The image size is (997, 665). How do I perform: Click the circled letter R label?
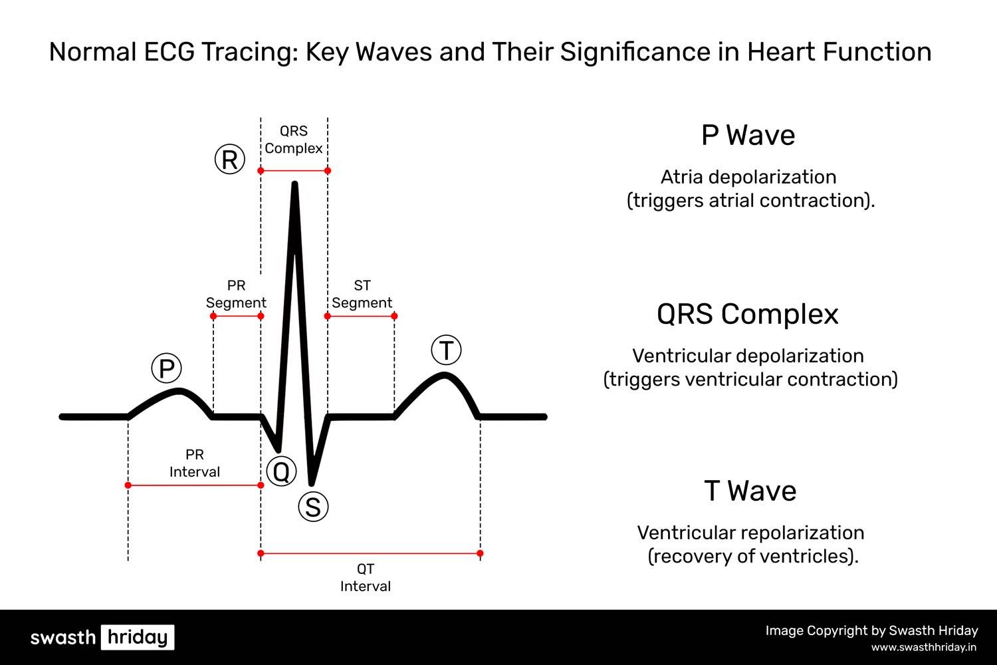(230, 160)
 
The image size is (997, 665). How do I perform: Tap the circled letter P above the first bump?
(166, 368)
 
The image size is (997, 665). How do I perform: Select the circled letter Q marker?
(281, 471)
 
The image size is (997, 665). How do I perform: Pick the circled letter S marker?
(313, 507)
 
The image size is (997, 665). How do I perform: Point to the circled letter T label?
(447, 350)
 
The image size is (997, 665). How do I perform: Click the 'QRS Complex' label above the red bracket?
(293, 140)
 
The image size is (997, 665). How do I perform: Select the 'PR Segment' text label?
(236, 294)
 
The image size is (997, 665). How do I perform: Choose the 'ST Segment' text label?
(362, 294)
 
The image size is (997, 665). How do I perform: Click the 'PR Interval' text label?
(194, 463)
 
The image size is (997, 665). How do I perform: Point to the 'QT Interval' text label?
(366, 577)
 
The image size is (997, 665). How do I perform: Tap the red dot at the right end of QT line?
(480, 553)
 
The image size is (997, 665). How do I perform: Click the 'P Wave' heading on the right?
(748, 136)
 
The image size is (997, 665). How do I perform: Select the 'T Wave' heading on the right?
(750, 491)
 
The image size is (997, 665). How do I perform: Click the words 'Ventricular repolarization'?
(750, 533)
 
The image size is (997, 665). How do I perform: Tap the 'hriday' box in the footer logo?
(138, 637)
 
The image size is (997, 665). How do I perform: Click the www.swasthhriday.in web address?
(924, 647)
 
